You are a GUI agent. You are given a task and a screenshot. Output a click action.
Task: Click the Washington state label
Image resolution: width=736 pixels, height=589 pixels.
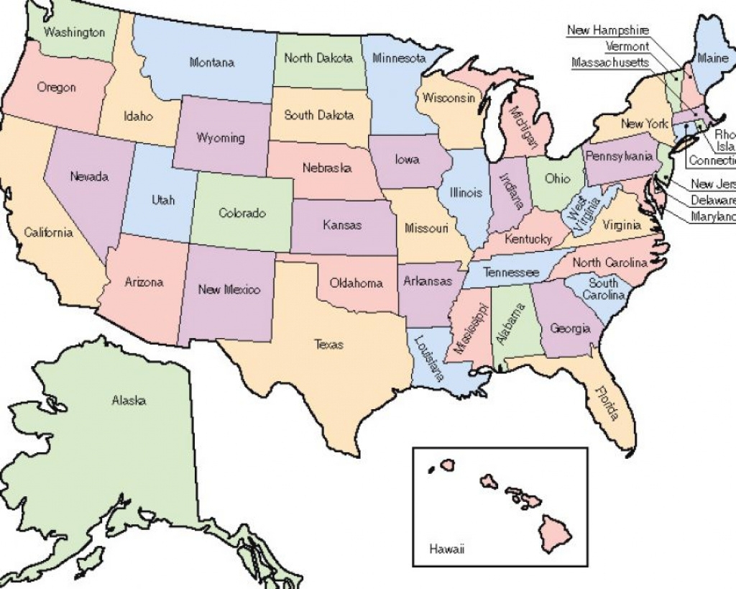74,32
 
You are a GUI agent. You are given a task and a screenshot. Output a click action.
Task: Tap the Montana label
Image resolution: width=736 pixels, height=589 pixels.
211,63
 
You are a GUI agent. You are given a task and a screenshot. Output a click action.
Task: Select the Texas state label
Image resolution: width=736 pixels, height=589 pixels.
328,344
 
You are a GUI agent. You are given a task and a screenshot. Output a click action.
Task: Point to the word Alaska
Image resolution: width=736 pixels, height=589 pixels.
129,401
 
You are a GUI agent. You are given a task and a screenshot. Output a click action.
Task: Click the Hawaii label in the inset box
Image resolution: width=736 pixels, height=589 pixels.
446,549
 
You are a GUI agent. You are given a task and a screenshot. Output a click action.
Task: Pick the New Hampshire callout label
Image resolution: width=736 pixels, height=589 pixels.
608,30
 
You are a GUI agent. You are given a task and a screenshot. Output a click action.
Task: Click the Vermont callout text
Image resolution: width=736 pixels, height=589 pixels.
627,46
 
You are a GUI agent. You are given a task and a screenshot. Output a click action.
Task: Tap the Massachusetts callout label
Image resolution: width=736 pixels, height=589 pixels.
610,63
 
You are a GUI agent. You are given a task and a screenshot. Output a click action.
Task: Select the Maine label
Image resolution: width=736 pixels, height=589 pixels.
712,59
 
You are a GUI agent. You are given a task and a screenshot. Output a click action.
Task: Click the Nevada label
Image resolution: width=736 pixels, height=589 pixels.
90,176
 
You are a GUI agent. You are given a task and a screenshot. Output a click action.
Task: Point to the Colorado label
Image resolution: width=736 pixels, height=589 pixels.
242,214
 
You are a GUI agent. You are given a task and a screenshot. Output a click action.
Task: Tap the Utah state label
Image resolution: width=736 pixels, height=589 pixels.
163,200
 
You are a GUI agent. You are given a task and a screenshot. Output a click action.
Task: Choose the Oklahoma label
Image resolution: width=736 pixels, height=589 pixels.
356,283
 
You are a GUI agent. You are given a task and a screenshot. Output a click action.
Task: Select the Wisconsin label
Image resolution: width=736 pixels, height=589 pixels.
448,99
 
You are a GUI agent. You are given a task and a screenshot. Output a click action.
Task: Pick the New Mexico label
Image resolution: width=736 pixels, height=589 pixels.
229,290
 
